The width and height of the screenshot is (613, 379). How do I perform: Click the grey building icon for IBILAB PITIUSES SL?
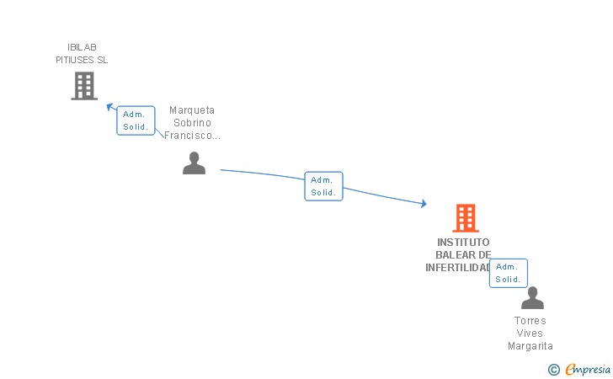[84, 86]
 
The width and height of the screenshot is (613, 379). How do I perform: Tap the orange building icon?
[466, 218]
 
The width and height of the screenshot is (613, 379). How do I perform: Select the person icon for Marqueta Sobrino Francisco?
[195, 163]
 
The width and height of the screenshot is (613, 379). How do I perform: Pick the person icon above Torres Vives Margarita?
[532, 298]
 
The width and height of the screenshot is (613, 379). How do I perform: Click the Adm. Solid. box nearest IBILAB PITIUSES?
[136, 120]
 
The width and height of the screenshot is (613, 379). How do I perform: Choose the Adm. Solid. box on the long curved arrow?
[323, 186]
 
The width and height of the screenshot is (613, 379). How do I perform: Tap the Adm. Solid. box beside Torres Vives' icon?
[508, 273]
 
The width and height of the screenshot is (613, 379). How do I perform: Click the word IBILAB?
[82, 47]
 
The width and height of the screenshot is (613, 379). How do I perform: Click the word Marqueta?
[192, 110]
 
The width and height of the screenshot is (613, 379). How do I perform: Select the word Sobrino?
[192, 123]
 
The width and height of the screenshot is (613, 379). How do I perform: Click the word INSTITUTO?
[463, 243]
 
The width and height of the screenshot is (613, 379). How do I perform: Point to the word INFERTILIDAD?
[457, 268]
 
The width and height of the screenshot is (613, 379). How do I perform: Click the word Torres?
[530, 321]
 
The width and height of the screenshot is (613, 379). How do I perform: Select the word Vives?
[530, 334]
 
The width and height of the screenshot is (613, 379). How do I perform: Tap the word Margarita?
[530, 346]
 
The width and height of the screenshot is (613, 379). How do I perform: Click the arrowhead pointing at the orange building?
[424, 204]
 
